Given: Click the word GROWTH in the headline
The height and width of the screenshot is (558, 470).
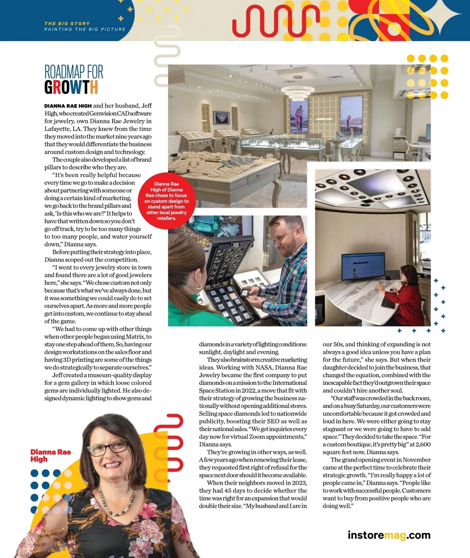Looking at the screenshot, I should click(x=71, y=87).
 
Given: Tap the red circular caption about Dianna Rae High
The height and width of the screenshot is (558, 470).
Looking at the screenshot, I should click(x=166, y=201).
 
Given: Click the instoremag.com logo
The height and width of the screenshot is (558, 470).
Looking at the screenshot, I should click(x=389, y=535).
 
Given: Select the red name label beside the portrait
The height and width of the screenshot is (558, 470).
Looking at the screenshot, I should click(x=51, y=455).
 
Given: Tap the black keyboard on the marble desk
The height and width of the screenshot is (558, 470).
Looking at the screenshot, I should click(x=389, y=299).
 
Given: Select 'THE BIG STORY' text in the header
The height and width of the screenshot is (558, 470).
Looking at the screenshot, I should click(x=67, y=24).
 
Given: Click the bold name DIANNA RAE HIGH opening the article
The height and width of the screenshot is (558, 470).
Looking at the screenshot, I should click(x=68, y=106).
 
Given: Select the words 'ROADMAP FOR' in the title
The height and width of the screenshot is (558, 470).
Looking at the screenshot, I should click(x=74, y=72).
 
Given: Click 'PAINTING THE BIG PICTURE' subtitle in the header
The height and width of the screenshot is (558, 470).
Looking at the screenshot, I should click(x=85, y=29).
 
